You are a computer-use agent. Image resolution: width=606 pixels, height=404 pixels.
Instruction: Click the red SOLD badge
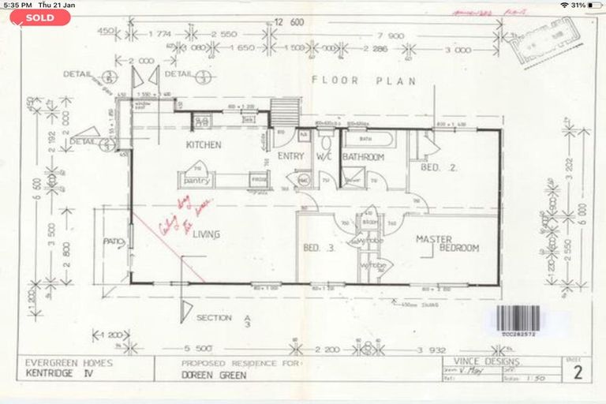point(40,17)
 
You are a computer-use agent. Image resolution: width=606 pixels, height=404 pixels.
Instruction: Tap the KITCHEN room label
point(203,145)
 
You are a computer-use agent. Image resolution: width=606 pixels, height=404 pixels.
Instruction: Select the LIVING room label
point(204,234)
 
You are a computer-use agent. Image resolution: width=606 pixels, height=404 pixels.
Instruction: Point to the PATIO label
point(110,242)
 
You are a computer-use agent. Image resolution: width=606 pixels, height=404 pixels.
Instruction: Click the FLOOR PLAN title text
point(346,80)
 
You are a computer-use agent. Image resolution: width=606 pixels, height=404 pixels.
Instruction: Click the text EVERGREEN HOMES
point(69,364)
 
